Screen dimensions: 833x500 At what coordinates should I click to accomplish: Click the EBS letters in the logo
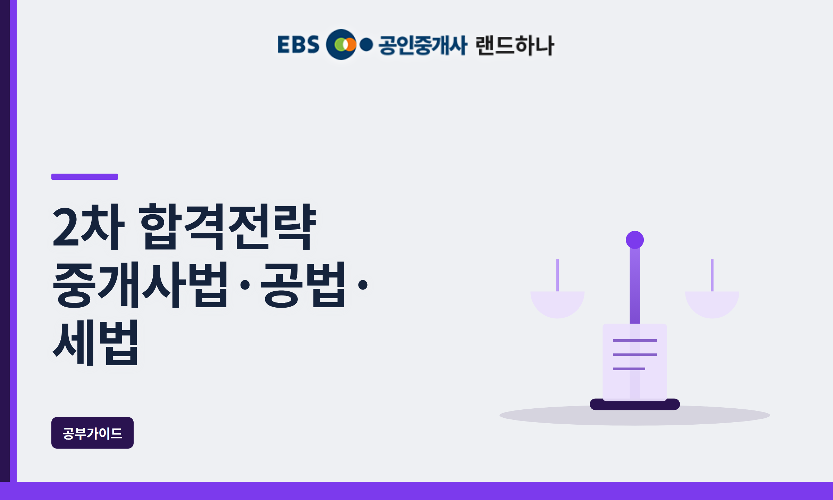298,44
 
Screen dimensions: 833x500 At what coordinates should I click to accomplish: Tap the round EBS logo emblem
341,44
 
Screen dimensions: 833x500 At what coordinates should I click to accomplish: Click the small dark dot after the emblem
366,44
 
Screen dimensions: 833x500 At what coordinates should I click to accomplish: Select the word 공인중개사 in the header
423,45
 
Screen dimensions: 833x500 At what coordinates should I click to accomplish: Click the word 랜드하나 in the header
515,45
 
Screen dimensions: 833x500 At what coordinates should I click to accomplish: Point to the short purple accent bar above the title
85,177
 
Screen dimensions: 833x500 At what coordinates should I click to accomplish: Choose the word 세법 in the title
95,343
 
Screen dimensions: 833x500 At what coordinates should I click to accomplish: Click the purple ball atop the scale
635,240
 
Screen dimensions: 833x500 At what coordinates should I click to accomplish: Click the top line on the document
635,340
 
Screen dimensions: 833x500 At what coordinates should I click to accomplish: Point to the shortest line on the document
629,369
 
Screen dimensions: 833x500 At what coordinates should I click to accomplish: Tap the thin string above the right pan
712,275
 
